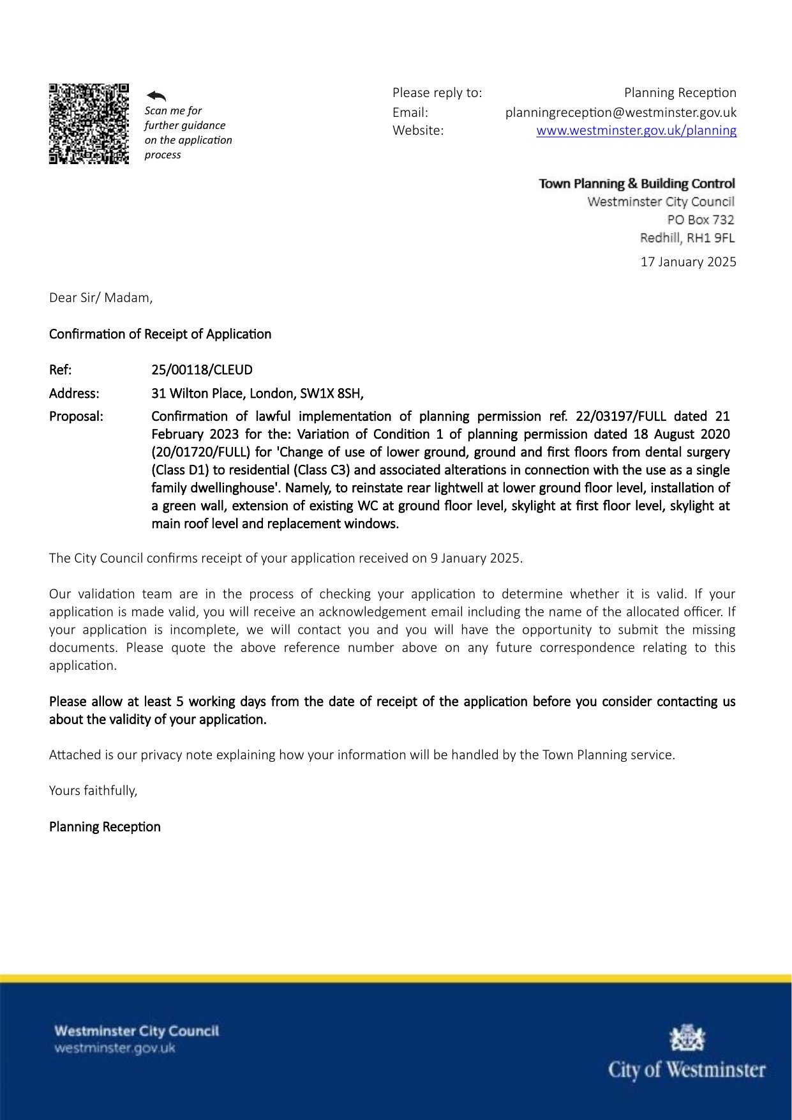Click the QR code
(89, 123)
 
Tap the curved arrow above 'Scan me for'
(156, 96)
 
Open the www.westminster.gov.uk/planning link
(636, 130)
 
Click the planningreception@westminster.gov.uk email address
(620, 112)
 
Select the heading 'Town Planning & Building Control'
(636, 184)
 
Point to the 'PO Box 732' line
(700, 220)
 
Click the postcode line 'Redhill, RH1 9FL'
(687, 238)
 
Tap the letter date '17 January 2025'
(688, 262)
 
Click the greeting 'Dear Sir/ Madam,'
(101, 298)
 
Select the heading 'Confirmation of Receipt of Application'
(160, 334)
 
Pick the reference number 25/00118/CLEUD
(202, 370)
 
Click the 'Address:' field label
(74, 393)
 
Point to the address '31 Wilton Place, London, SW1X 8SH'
(257, 393)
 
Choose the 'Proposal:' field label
(76, 416)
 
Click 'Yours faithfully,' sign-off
(93, 791)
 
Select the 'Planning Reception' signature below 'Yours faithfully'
(105, 827)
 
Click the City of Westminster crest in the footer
(687, 1038)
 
